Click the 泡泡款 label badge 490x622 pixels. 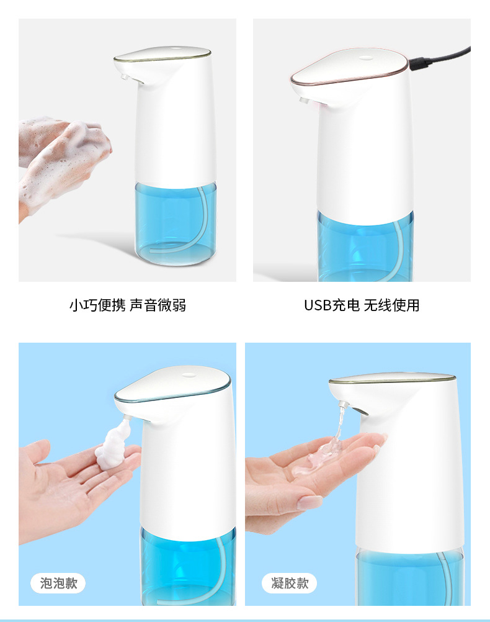(x=58, y=583)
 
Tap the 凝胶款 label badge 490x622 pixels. (x=290, y=583)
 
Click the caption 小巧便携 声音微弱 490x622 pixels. (x=128, y=305)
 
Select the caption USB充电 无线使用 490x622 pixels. (x=362, y=305)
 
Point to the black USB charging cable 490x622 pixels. (x=440, y=59)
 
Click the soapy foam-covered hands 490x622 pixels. (x=63, y=163)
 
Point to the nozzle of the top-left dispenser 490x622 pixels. (x=124, y=75)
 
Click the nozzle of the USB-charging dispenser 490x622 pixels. (x=304, y=101)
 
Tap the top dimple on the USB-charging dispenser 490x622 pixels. (x=365, y=58)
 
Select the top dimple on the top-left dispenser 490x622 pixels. (x=175, y=50)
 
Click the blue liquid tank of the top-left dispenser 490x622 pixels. (x=176, y=223)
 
